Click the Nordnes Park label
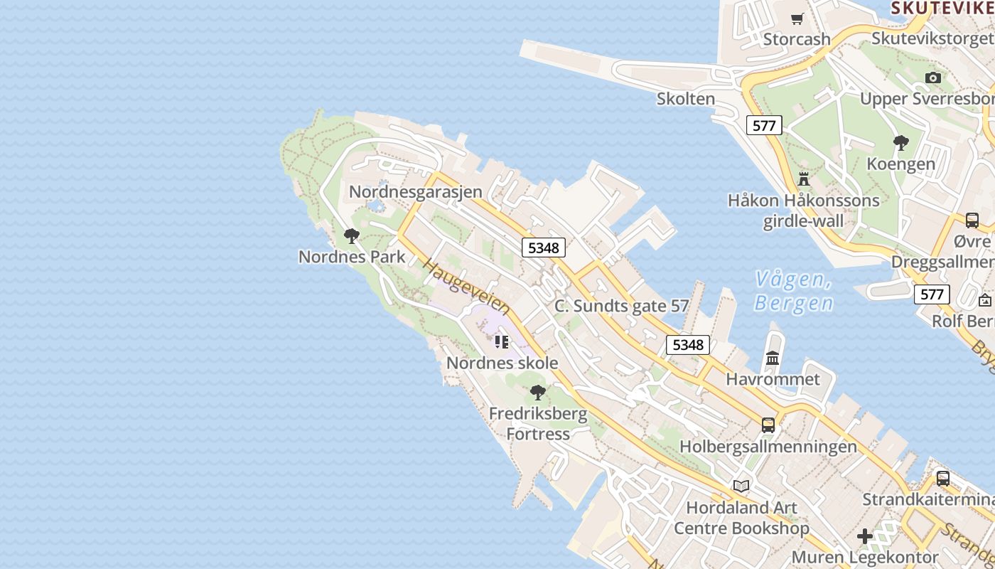click(x=352, y=257)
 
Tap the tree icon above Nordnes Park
click(x=351, y=236)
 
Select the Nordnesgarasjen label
click(x=415, y=191)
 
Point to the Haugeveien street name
click(x=466, y=287)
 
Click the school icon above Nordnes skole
click(x=502, y=342)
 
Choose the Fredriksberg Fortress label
click(x=538, y=423)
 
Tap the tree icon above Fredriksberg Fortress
click(x=538, y=392)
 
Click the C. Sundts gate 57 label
click(x=621, y=307)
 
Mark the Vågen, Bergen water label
click(x=794, y=291)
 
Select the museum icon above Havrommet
click(x=773, y=358)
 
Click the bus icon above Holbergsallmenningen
click(x=768, y=425)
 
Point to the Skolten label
click(x=686, y=99)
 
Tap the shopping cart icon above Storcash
click(x=797, y=19)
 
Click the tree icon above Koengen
click(x=901, y=143)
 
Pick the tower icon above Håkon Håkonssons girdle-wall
click(x=804, y=179)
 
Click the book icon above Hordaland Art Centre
click(x=741, y=486)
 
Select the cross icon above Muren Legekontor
click(x=865, y=536)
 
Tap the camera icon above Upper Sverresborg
click(x=933, y=78)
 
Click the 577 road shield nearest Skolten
click(x=764, y=126)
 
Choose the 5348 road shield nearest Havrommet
click(x=687, y=345)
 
